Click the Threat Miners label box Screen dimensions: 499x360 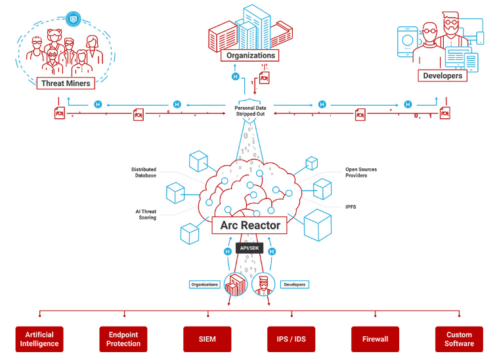point(66,83)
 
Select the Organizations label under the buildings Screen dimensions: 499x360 point(249,55)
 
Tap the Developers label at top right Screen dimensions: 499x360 point(443,76)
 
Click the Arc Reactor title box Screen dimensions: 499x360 point(249,225)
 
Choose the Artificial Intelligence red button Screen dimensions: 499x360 point(39,339)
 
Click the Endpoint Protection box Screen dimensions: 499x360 point(123,339)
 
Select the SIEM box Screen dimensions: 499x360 point(207,339)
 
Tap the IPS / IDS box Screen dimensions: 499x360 point(291,339)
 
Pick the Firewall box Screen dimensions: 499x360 point(375,339)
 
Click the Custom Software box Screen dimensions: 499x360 point(459,339)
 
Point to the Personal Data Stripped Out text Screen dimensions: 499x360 point(250,111)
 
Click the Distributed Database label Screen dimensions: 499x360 point(144,172)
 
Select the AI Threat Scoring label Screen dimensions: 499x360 point(146,215)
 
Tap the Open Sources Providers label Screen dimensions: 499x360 point(361,172)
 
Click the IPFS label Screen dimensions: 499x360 point(351,207)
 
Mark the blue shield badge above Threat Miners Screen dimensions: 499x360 point(73,19)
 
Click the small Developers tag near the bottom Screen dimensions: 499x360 point(295,284)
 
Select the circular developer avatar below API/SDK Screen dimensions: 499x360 point(263,284)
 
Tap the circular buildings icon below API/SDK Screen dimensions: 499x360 point(236,284)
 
